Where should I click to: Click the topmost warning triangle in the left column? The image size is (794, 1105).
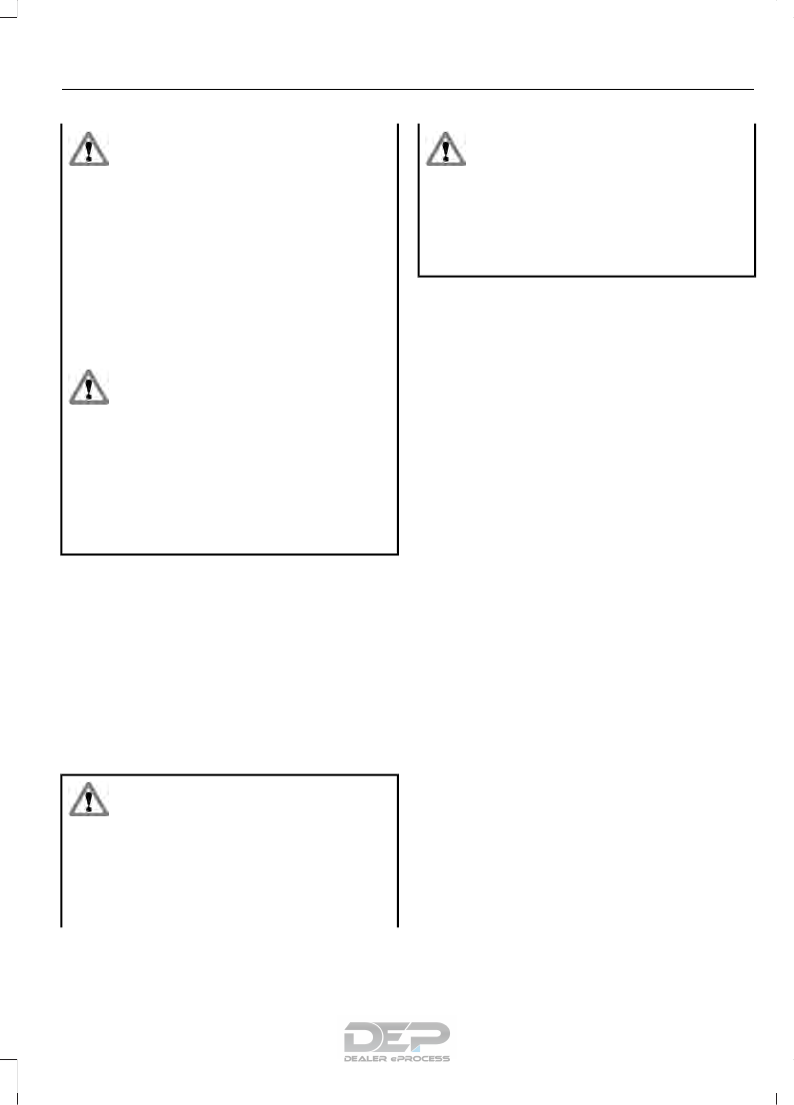pyautogui.click(x=89, y=150)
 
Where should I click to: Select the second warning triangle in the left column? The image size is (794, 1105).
pyautogui.click(x=89, y=387)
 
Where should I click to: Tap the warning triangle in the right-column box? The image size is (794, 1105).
pyautogui.click(x=446, y=150)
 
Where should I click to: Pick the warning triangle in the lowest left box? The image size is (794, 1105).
pyautogui.click(x=89, y=798)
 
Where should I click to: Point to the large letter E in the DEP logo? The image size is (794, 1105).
pyautogui.click(x=397, y=1036)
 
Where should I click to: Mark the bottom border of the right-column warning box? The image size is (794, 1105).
pyautogui.click(x=586, y=276)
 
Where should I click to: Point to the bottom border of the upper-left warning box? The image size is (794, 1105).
pyautogui.click(x=230, y=553)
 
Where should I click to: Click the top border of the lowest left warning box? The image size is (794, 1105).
pyautogui.click(x=230, y=774)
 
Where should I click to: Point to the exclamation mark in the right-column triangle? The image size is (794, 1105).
pyautogui.click(x=446, y=152)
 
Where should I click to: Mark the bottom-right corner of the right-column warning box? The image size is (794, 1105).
pyautogui.click(x=754, y=276)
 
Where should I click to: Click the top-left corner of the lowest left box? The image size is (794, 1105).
pyautogui.click(x=62, y=774)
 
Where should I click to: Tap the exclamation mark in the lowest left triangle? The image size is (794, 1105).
pyautogui.click(x=89, y=800)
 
